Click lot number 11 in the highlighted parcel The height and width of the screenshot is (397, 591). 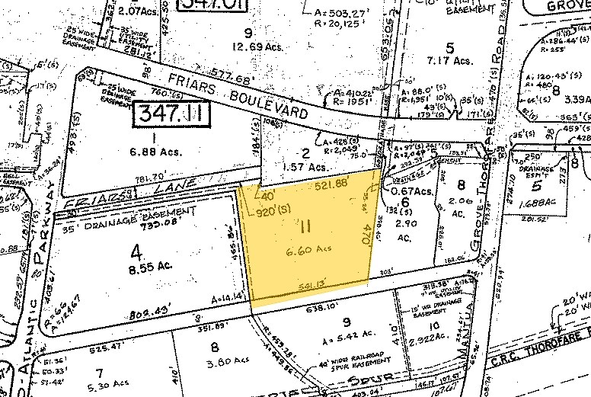[305, 226]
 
